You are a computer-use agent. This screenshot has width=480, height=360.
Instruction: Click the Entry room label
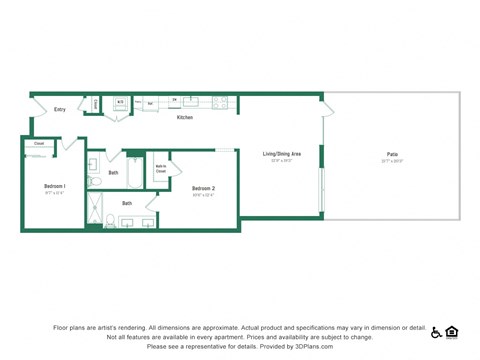60,110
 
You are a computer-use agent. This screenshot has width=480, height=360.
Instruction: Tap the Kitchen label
185,118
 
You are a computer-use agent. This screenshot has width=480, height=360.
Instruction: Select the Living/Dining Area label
281,153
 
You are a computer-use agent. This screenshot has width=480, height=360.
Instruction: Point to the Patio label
392,153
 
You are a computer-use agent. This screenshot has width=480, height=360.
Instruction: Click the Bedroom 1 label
55,186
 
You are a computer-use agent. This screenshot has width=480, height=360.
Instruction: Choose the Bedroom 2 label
203,188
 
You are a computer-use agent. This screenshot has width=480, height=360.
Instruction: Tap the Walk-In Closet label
161,169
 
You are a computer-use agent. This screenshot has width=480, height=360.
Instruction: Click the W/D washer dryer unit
120,102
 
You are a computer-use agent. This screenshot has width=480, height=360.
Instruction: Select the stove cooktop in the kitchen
220,102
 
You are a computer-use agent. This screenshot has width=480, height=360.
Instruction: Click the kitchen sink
191,101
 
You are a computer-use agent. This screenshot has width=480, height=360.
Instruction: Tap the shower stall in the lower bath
96,211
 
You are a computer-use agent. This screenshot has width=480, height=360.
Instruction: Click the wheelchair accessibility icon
437,332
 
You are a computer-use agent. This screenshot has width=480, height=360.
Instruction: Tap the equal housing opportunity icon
452,332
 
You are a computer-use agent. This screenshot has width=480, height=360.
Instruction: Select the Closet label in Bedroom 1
39,144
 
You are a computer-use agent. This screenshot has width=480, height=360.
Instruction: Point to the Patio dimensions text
392,160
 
